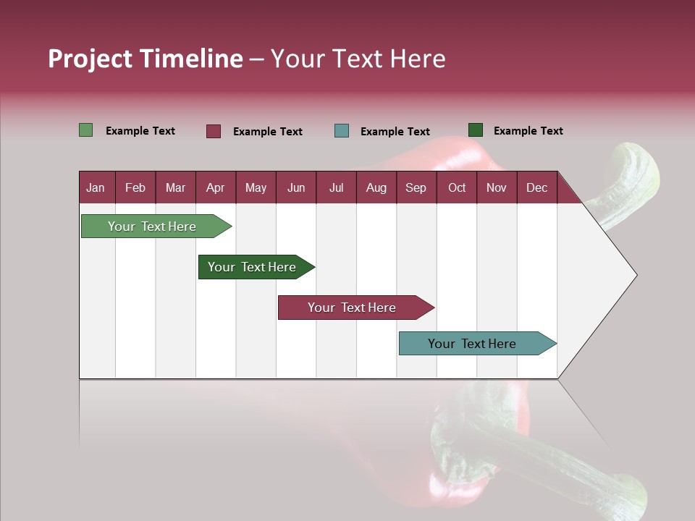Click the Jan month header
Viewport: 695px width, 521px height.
coord(96,187)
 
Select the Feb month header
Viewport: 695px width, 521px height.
coord(135,187)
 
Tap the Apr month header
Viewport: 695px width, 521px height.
coord(216,187)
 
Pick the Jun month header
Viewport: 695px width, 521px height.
coord(296,187)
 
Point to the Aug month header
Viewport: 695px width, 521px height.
coord(376,187)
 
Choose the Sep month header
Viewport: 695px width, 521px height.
coord(416,187)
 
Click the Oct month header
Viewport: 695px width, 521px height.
coord(457,187)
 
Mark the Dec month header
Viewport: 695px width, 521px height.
coord(537,187)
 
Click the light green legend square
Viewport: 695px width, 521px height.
coord(86,130)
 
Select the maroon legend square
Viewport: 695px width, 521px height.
coord(214,131)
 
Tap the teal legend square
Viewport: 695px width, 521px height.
coord(342,131)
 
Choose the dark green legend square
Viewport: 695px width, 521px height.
coord(476,130)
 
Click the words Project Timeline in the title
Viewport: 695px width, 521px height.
coord(146,59)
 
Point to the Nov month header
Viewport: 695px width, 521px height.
coord(497,187)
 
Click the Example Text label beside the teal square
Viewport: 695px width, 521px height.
coord(395,132)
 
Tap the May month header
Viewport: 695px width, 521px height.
coord(256,187)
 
